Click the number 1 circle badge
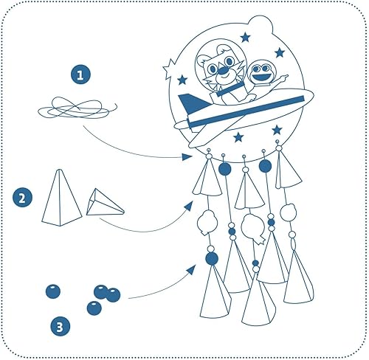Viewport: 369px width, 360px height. click(80, 75)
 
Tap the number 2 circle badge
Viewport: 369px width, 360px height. click(22, 198)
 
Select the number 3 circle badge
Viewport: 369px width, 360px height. click(60, 327)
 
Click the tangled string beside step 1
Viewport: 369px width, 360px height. click(77, 108)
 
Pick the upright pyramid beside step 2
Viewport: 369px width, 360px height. click(61, 198)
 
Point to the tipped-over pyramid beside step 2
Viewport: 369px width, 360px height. click(105, 203)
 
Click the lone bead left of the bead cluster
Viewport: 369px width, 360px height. click(53, 291)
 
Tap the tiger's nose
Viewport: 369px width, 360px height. click(224, 71)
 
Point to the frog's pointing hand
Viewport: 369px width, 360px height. click(282, 77)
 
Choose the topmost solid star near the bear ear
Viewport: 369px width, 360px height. click(245, 38)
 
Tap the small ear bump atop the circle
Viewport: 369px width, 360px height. click(261, 23)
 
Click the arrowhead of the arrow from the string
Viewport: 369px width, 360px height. click(187, 156)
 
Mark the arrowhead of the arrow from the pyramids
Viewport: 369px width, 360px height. click(189, 206)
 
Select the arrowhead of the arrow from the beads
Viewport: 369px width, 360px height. click(191, 270)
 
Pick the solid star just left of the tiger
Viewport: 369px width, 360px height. click(182, 80)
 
